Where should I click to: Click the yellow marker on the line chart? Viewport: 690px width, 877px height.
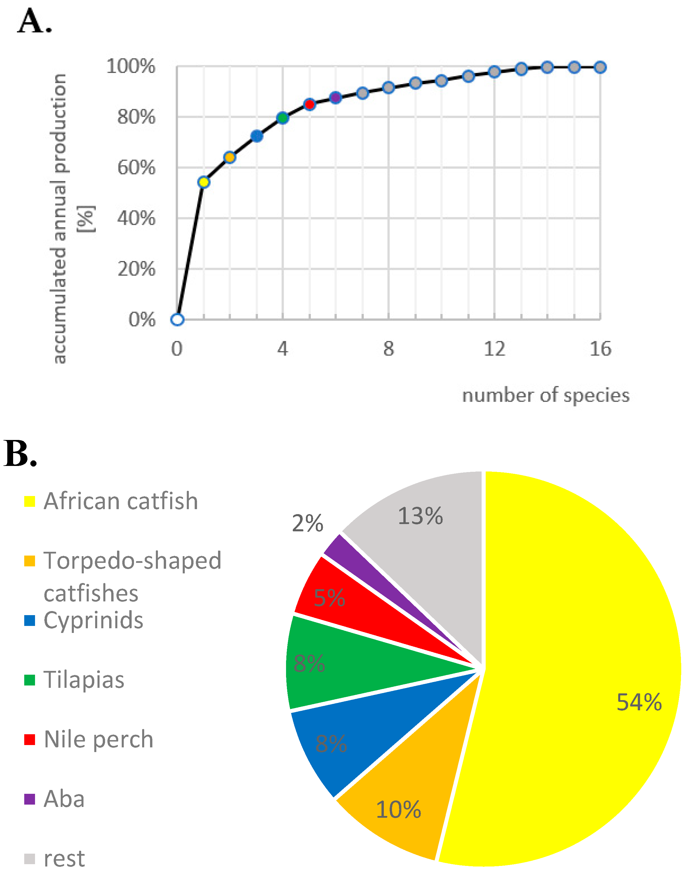pos(204,182)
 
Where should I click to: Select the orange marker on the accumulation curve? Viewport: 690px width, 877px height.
pos(229,157)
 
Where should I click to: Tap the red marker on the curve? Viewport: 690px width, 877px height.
pos(309,104)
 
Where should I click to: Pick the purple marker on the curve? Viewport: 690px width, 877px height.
pos(336,97)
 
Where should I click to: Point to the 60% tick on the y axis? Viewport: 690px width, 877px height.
pos(136,168)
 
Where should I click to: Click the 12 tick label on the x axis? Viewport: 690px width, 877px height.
pos(494,349)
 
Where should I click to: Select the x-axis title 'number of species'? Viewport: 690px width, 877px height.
pos(546,395)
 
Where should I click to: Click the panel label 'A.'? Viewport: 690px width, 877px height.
pos(35,21)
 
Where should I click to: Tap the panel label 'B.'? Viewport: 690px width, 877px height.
pos(20,454)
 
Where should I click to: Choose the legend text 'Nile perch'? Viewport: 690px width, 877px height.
pos(99,739)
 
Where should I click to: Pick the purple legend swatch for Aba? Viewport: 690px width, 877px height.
pos(29,799)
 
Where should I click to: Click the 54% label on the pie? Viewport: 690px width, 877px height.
pos(639,702)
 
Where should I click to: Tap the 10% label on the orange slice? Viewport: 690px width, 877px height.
pos(398,810)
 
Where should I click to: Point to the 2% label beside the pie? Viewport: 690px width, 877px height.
pos(307,523)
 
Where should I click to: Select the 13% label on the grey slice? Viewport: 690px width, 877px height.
pos(420,516)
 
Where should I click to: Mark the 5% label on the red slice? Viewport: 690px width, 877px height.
pos(329,598)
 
